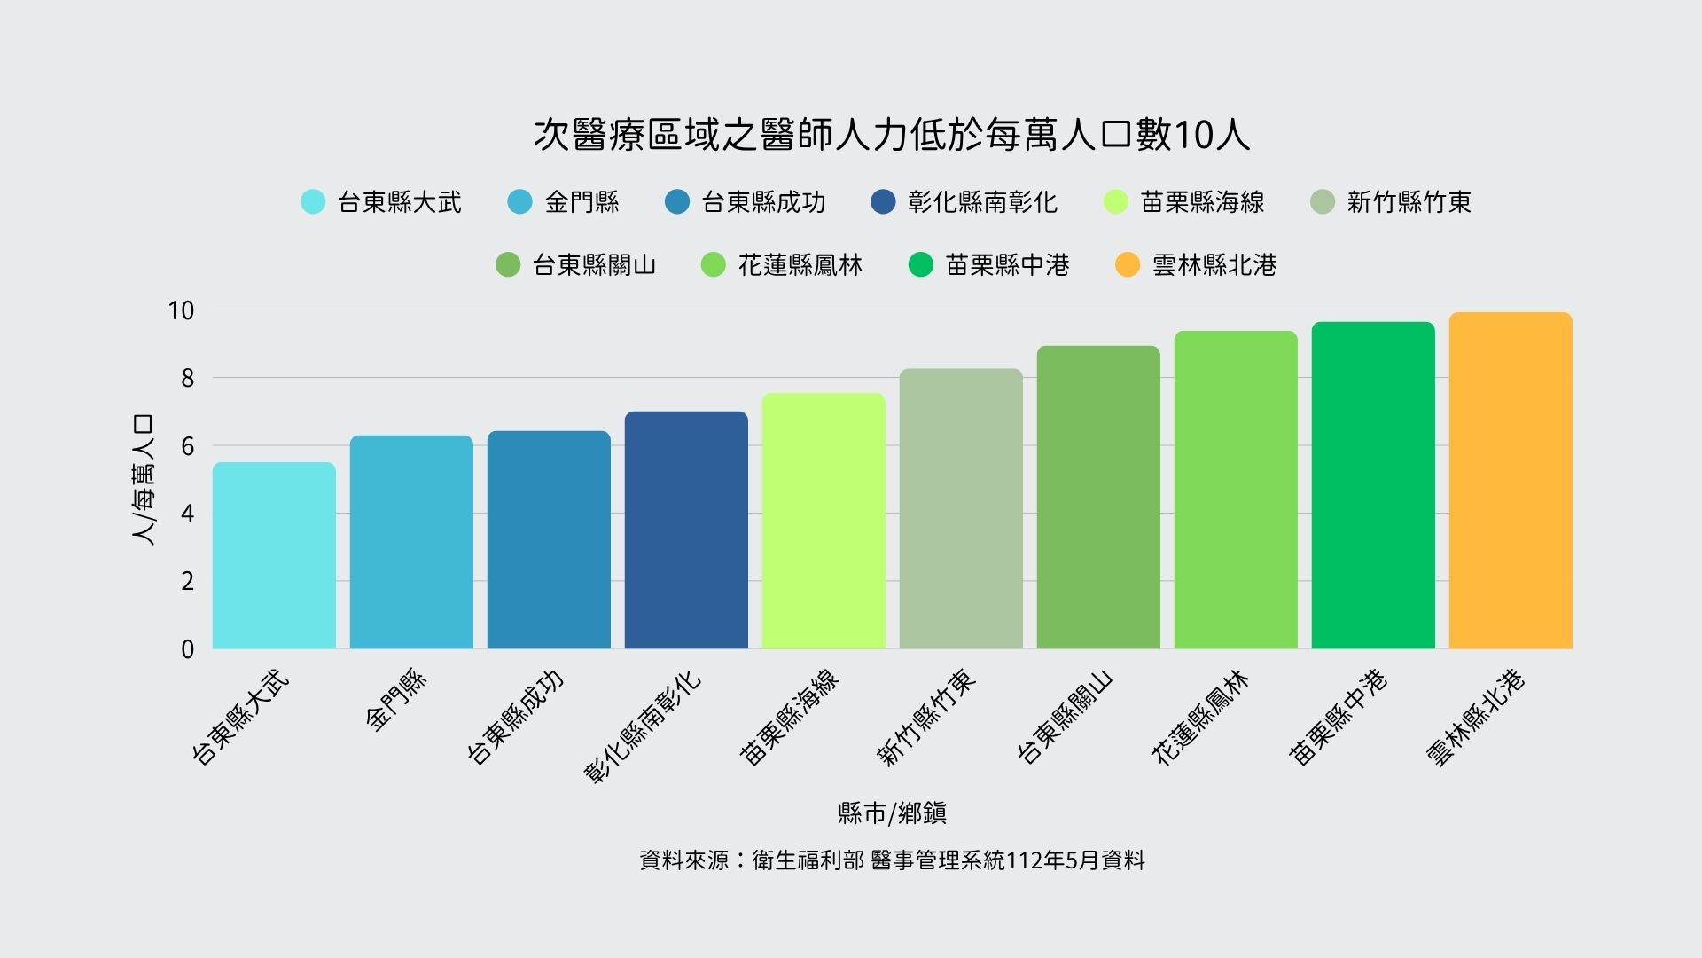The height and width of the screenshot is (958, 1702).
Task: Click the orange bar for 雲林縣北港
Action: pyautogui.click(x=1511, y=481)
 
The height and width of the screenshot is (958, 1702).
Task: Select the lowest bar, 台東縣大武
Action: pyautogui.click(x=274, y=555)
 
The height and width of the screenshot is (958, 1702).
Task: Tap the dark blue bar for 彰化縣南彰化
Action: pyautogui.click(x=686, y=530)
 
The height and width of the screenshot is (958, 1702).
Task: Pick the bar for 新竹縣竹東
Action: pyautogui.click(x=961, y=509)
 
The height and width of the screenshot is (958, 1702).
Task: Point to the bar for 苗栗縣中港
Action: pyautogui.click(x=1373, y=485)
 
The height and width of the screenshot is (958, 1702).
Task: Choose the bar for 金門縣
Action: pyautogui.click(x=411, y=542)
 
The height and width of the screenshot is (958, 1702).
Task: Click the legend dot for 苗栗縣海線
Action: pyautogui.click(x=1116, y=202)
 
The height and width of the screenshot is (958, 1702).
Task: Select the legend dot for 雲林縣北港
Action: pyautogui.click(x=1128, y=265)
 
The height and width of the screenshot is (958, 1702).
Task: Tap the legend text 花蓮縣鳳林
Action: pyautogui.click(x=800, y=265)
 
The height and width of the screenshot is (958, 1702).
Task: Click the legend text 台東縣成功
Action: pyautogui.click(x=763, y=202)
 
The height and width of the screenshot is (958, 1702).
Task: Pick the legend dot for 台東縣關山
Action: pyautogui.click(x=508, y=265)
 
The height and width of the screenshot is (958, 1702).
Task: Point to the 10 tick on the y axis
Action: pyautogui.click(x=181, y=310)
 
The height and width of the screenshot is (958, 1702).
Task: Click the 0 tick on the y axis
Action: pyautogui.click(x=187, y=649)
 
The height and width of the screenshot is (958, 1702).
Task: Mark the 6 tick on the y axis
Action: pyautogui.click(x=187, y=446)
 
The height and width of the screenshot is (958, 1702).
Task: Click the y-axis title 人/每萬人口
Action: pyautogui.click(x=143, y=479)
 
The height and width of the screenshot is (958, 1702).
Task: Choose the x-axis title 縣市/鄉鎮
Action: pyautogui.click(x=892, y=813)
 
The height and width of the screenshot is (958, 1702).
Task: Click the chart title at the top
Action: pyautogui.click(x=892, y=136)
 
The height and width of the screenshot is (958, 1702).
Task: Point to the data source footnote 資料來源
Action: pyautogui.click(x=892, y=860)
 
